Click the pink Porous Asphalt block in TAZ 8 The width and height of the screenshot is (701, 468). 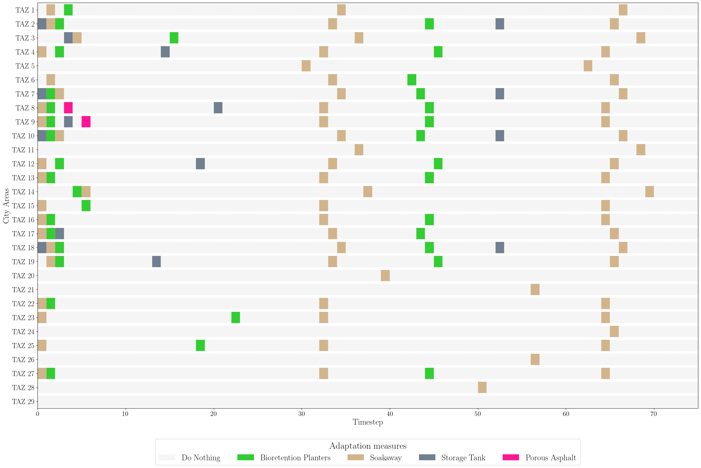pos(68,108)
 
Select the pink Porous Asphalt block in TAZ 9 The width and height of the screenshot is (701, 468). pos(86,122)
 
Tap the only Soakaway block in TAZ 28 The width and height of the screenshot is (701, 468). pos(482,387)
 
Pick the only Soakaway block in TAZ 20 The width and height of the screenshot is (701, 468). pos(385,276)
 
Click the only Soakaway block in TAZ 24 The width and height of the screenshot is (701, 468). pos(614,332)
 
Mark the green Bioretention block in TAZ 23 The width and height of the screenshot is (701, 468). pos(235,317)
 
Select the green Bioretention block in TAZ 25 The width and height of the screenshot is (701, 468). pos(200,345)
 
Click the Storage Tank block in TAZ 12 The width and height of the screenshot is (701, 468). pos(200,164)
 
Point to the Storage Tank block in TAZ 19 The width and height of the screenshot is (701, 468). pos(156,262)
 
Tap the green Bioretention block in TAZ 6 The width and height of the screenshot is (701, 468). pos(412,80)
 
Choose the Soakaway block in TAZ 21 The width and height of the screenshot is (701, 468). pos(535,289)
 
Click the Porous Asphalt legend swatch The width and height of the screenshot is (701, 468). pos(511,457)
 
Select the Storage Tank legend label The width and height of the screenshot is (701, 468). pos(463,458)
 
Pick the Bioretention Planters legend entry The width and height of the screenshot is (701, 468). pos(295,458)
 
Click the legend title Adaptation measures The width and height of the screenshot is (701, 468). pos(368,446)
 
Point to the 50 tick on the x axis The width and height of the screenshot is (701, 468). pos(478,414)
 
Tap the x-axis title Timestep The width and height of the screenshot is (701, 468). pos(368,422)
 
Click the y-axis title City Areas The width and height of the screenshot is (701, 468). pos(6,206)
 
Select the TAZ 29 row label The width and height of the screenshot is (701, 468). pos(23,401)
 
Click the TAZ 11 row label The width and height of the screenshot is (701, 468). pos(23,150)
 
